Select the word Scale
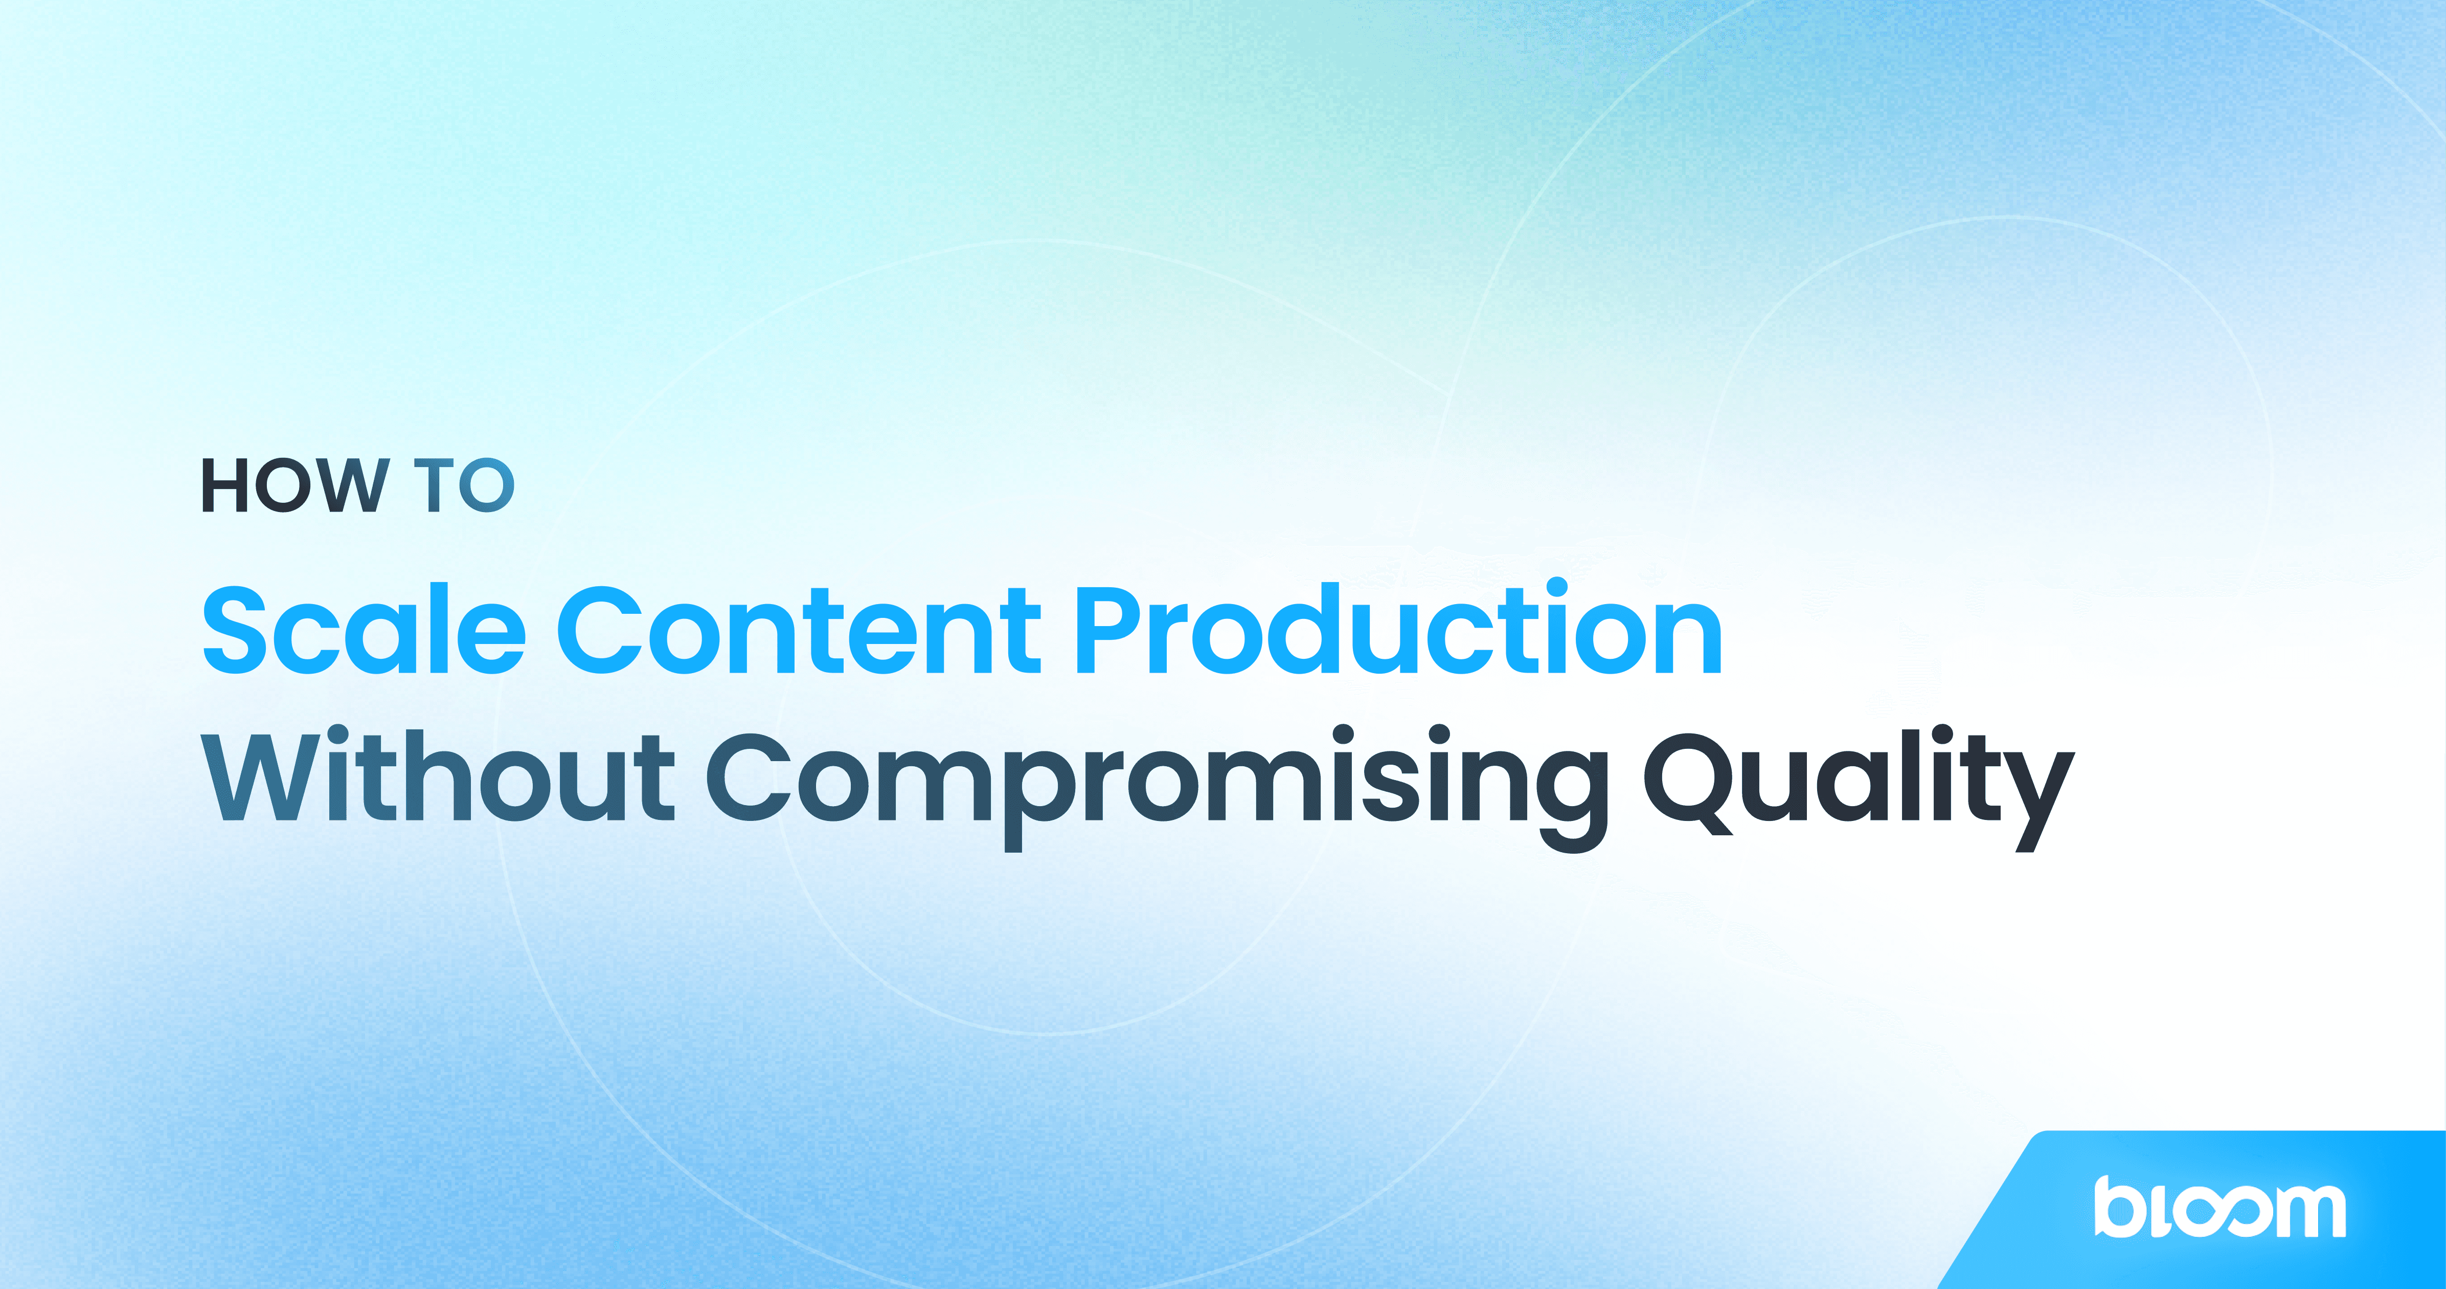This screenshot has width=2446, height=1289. pos(364,630)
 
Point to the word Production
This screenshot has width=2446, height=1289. pos(1398,630)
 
